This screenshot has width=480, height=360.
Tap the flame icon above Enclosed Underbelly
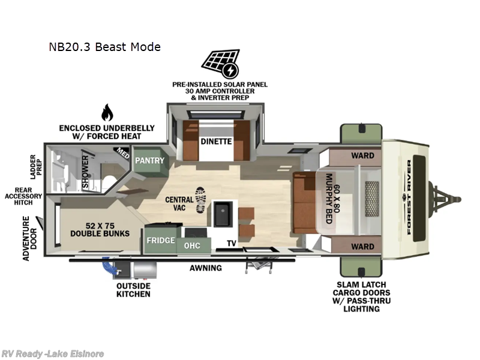pyautogui.click(x=107, y=112)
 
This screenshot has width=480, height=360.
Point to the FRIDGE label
pyautogui.click(x=161, y=241)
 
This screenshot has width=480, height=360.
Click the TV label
pyautogui.click(x=231, y=244)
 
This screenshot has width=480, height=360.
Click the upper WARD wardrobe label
pyautogui.click(x=362, y=155)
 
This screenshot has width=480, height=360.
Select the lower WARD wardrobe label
pyautogui.click(x=362, y=246)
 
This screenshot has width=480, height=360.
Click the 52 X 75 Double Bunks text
pyautogui.click(x=100, y=229)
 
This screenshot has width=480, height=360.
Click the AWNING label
pyautogui.click(x=206, y=268)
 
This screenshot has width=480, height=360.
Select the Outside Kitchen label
pyautogui.click(x=133, y=290)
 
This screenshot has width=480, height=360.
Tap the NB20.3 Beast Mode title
pyautogui.click(x=105, y=47)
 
